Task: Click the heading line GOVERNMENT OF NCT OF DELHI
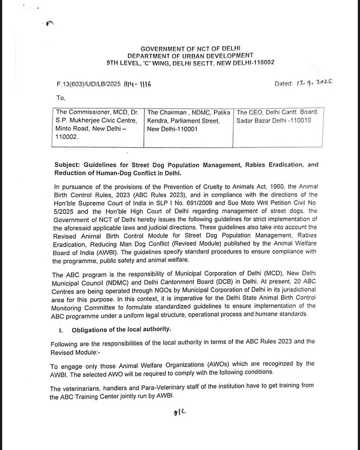click(x=190, y=49)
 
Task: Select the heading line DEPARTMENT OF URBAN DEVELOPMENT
click(x=190, y=56)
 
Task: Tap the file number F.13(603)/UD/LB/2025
click(x=89, y=84)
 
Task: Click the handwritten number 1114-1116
click(x=137, y=84)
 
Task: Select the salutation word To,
click(x=61, y=98)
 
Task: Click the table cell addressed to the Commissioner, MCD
click(x=98, y=127)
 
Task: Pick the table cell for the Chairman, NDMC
click(x=188, y=127)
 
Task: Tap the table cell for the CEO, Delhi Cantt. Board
click(x=277, y=127)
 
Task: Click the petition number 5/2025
click(x=63, y=211)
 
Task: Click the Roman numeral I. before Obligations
click(x=61, y=330)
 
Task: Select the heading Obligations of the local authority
click(x=121, y=330)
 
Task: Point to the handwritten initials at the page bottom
click(x=180, y=413)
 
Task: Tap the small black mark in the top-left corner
click(x=50, y=23)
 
